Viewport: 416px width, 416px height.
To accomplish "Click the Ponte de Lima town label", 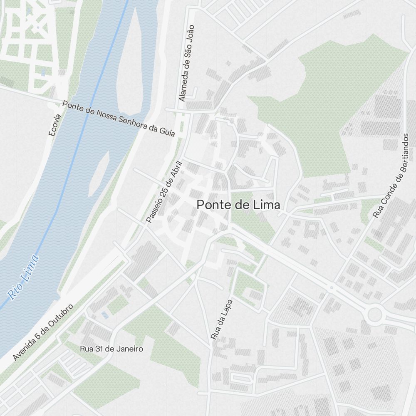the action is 238,205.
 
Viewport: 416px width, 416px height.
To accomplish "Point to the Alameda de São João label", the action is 186,63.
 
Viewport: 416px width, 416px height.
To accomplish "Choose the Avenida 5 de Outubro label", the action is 43,332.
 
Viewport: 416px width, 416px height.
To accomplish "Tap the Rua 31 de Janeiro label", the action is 111,349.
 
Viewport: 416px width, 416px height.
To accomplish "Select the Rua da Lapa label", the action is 221,319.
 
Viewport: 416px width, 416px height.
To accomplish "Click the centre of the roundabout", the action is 374,314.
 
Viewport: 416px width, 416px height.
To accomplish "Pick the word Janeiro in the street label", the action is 129,349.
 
